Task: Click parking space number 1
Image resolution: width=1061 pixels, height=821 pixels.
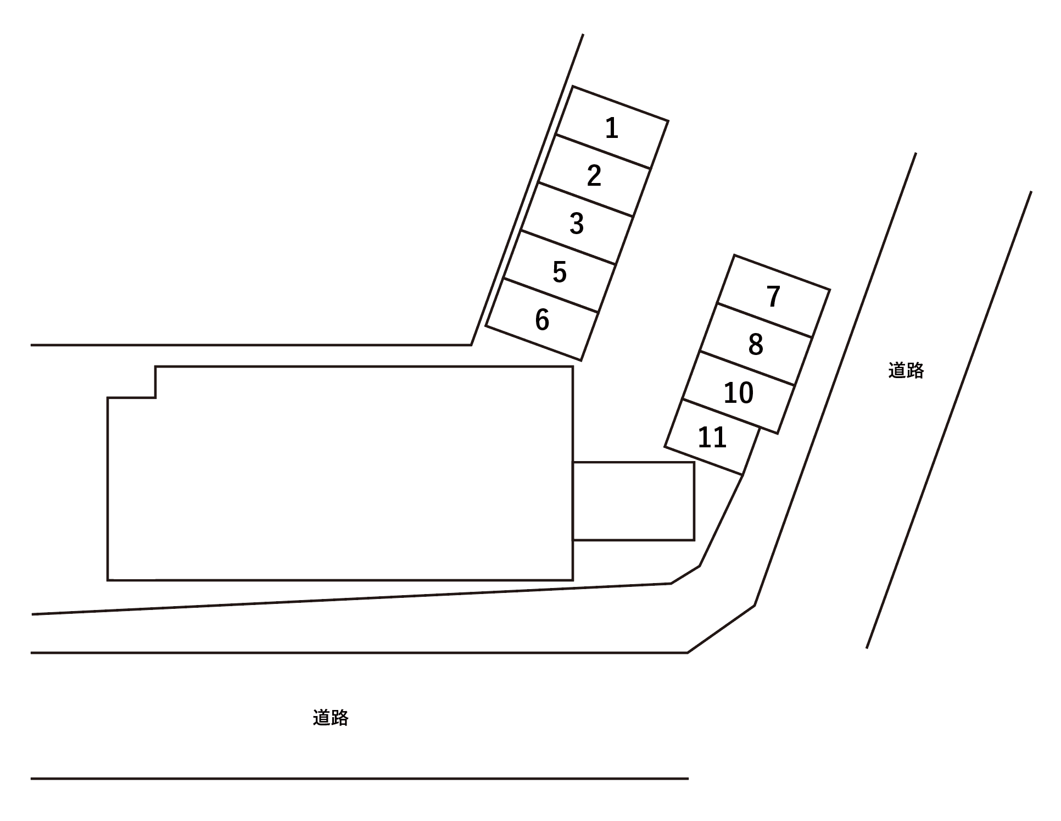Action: click(612, 127)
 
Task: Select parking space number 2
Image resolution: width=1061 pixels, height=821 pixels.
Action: click(594, 175)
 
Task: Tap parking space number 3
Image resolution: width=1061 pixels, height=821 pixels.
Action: click(577, 224)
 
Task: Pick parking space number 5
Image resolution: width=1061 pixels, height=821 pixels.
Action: click(559, 271)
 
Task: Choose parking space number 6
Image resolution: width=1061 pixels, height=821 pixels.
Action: click(542, 319)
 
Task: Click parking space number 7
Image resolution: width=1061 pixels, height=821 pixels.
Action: click(773, 296)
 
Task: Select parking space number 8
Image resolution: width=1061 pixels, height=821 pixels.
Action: click(756, 344)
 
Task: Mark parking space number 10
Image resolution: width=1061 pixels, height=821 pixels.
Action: click(739, 392)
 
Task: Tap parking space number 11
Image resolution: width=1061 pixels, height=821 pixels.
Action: click(712, 437)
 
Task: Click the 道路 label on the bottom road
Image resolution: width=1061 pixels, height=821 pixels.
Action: click(331, 718)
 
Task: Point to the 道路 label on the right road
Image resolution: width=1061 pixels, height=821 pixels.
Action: click(906, 370)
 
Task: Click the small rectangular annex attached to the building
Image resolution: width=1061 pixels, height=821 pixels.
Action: click(634, 501)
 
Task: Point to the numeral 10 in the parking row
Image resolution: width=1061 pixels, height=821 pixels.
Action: click(739, 393)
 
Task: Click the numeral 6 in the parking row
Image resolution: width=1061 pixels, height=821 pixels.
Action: click(542, 320)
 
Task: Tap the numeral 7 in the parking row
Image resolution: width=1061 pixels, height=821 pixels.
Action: click(773, 297)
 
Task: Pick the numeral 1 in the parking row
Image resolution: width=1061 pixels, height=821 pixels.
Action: click(612, 128)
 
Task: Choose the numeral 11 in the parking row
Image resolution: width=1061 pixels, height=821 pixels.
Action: click(712, 438)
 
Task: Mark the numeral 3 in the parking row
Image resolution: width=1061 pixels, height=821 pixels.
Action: click(577, 224)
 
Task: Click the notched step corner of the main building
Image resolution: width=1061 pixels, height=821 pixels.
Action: click(155, 397)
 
